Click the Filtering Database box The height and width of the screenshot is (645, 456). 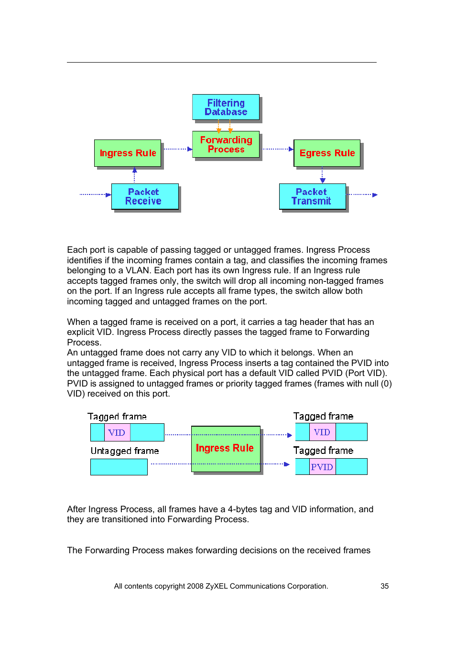click(226, 107)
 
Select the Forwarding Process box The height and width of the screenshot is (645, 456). click(226, 144)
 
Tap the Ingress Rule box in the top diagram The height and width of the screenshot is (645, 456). click(128, 153)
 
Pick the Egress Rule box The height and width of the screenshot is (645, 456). click(327, 153)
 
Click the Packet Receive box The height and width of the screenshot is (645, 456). click(144, 196)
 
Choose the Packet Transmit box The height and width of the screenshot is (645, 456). click(312, 196)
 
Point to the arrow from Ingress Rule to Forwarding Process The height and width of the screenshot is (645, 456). click(177, 149)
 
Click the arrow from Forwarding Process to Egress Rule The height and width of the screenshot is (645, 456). click(278, 149)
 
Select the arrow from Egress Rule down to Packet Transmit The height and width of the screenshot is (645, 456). click(323, 175)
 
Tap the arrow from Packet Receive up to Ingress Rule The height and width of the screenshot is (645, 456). click(135, 175)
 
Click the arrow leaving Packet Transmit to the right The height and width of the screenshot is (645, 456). click(362, 194)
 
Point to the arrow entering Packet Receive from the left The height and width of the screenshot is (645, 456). click(95, 194)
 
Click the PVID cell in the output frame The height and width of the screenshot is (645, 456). click(322, 467)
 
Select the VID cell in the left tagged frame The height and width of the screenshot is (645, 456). click(117, 432)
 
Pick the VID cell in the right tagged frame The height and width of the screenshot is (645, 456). click(322, 432)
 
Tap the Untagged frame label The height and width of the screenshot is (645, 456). click(125, 451)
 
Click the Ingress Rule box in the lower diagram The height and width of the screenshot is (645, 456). click(226, 449)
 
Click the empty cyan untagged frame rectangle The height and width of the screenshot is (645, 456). click(119, 467)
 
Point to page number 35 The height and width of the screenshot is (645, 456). click(385, 586)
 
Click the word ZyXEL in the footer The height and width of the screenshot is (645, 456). click(217, 586)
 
